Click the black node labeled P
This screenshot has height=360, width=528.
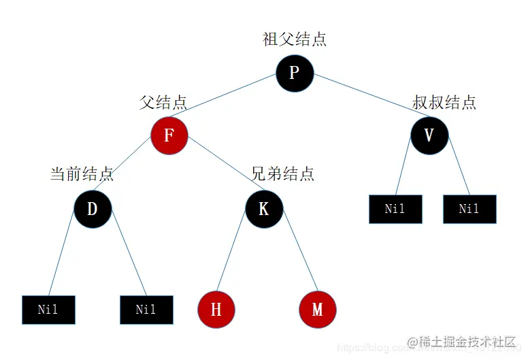click(295, 72)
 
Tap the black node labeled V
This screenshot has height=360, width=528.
click(429, 135)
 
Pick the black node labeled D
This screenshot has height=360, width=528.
click(93, 208)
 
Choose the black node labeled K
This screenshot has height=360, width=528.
click(264, 208)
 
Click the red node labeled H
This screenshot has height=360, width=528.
click(216, 310)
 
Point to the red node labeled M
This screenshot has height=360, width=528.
click(317, 310)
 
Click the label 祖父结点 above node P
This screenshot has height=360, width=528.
click(295, 39)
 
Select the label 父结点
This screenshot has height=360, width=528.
click(163, 102)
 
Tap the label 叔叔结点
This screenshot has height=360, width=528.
click(444, 102)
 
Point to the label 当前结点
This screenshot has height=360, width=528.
click(82, 174)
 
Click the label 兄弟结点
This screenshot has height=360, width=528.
click(282, 174)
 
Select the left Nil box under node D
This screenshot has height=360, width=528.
click(48, 310)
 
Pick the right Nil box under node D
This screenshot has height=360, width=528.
click(146, 310)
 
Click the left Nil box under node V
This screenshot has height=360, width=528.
click(395, 209)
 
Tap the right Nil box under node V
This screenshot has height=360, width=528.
click(469, 209)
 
